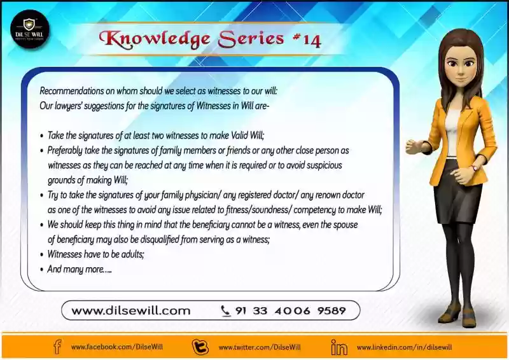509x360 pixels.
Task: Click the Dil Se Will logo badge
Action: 30,29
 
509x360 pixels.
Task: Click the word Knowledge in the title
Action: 155,39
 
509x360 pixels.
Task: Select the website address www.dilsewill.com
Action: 131,310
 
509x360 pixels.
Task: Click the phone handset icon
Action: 225,311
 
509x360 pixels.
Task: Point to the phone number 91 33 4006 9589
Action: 291,310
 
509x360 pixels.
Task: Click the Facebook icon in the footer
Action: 57,347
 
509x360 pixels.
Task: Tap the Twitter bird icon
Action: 200,347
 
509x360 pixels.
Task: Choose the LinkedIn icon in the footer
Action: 339,347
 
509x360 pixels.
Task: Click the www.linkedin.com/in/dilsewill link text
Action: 404,347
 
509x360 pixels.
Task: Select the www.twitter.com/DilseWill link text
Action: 260,347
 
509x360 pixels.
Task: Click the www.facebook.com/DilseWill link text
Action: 117,347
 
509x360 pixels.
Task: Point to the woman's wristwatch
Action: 474,168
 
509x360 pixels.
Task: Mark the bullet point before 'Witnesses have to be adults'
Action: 41,255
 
